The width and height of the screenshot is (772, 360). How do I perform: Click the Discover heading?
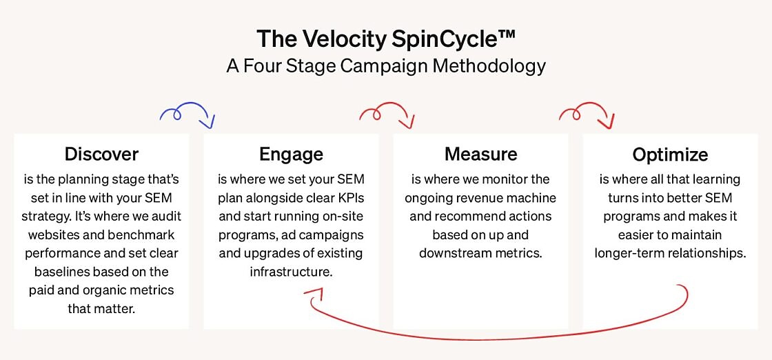pyautogui.click(x=101, y=154)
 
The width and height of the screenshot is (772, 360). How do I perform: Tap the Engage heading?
pyautogui.click(x=292, y=154)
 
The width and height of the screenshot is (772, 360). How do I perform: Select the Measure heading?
pyautogui.click(x=481, y=154)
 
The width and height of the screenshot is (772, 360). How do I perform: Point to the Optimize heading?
pyautogui.click(x=671, y=154)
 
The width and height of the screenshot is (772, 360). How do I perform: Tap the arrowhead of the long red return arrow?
pyautogui.click(x=313, y=294)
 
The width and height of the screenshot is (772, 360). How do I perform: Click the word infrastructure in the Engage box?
pyautogui.click(x=289, y=271)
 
